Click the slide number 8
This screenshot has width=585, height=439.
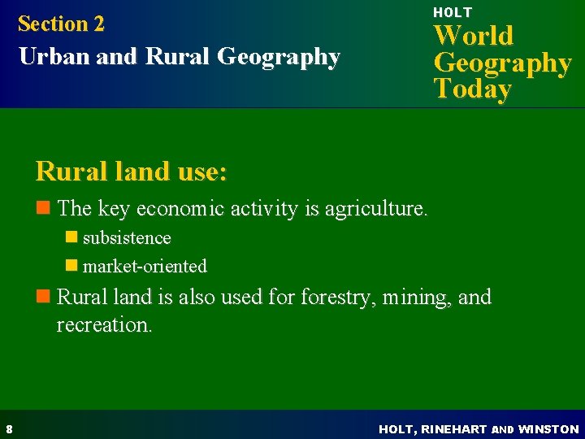(x=7, y=428)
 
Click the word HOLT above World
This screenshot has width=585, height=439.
(x=452, y=12)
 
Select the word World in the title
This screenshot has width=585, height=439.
(x=473, y=36)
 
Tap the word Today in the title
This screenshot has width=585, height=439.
(x=472, y=89)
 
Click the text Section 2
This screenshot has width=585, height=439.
(x=61, y=24)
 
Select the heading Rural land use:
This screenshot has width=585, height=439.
(x=131, y=172)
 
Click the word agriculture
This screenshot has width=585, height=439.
(x=375, y=209)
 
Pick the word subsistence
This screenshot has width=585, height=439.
(x=127, y=238)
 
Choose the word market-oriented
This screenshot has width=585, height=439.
(x=145, y=266)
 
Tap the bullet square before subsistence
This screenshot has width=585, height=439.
(x=71, y=238)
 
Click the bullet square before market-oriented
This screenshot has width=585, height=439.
(x=71, y=266)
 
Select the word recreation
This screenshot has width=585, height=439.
(x=103, y=325)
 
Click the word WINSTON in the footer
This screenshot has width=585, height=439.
(x=548, y=428)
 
